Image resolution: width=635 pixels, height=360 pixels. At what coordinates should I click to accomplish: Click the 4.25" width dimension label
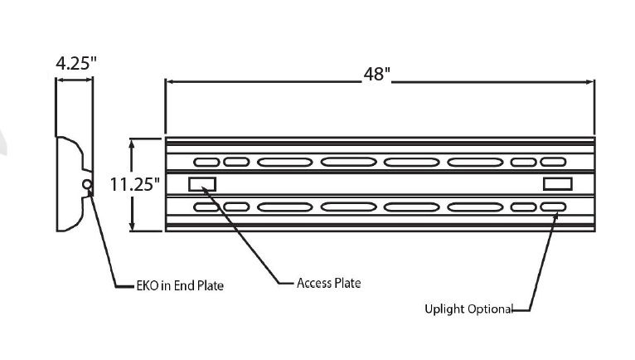click(76, 63)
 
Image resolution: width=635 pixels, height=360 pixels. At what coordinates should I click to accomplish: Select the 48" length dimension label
click(376, 74)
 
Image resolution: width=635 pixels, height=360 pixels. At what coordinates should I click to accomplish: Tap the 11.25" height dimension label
click(135, 185)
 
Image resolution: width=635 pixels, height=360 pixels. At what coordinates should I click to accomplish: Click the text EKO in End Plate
click(180, 286)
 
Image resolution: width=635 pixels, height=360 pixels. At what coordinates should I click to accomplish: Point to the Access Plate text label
click(328, 283)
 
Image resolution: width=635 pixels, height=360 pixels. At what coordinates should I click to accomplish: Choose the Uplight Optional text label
click(468, 309)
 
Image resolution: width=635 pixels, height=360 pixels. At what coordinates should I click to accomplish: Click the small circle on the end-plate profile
click(87, 185)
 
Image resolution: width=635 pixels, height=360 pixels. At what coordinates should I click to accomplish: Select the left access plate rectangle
click(202, 184)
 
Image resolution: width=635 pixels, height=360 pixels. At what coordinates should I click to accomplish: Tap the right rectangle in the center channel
click(558, 184)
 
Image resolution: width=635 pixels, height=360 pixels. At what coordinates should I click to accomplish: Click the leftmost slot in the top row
click(206, 162)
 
